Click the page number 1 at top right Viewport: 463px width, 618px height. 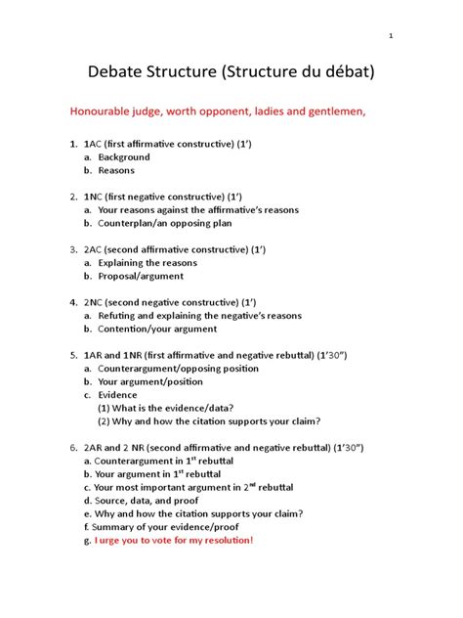point(391,37)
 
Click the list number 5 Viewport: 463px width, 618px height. point(72,355)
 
